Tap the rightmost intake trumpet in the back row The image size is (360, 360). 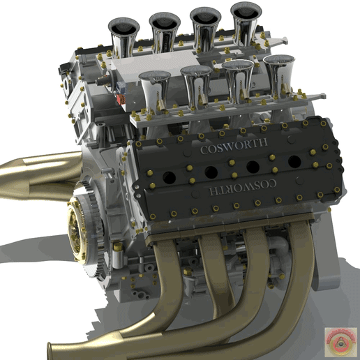(246, 21)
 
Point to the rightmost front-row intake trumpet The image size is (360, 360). (278, 72)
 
